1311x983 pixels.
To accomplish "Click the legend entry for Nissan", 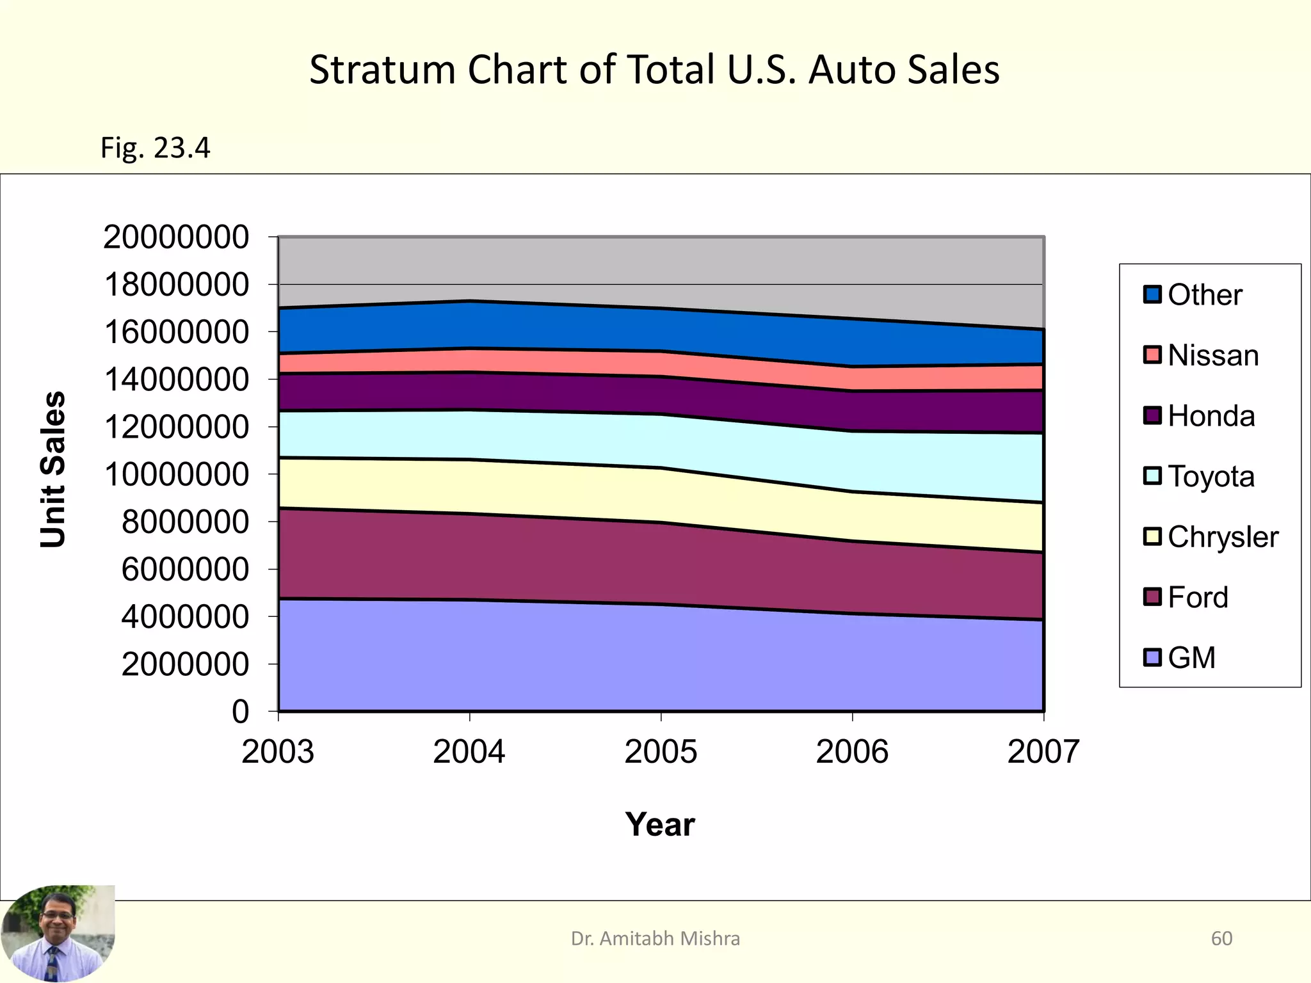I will coord(1212,355).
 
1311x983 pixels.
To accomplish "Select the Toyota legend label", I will coord(1210,477).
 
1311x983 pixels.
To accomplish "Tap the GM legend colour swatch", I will coord(1152,658).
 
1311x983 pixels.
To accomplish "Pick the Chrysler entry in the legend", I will coord(1222,537).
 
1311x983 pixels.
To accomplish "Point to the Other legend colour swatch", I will coord(1152,294).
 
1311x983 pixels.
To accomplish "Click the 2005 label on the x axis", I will coord(660,751).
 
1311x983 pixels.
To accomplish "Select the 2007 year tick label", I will coord(1043,751).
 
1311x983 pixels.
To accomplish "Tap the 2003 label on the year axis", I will coord(278,751).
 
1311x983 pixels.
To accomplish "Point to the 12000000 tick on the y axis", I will coord(176,427).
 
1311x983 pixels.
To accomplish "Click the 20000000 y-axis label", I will coord(176,237).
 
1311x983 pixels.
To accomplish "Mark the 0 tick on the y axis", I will coord(241,712).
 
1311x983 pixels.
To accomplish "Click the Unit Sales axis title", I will coord(53,469).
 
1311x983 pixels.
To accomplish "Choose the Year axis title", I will coord(660,824).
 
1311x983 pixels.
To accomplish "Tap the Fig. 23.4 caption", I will coord(155,148).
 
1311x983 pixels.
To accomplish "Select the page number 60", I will coord(1221,938).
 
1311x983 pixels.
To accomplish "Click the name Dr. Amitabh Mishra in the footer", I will coord(655,938).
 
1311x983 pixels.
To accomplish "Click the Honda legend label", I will coord(1210,416).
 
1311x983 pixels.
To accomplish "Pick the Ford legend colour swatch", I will coord(1152,597).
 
